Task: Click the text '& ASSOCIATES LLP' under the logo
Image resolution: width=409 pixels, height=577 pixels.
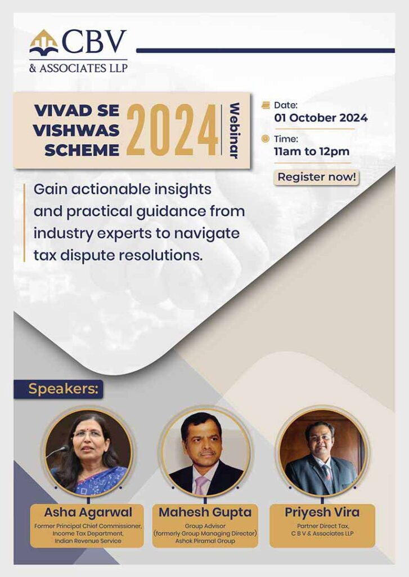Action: click(x=79, y=68)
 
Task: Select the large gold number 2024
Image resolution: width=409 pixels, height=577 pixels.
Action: click(x=172, y=130)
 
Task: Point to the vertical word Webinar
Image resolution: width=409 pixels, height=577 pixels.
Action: click(x=234, y=131)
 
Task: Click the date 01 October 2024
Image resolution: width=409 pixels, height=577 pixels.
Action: click(x=321, y=118)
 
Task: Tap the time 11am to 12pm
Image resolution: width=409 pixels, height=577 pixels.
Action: click(x=312, y=151)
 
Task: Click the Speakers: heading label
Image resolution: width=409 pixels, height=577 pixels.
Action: click(x=64, y=389)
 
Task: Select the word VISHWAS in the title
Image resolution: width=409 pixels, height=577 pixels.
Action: click(x=76, y=130)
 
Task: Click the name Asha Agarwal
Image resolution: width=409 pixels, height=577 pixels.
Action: click(x=88, y=512)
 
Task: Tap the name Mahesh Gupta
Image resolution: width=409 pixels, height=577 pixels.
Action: click(x=205, y=512)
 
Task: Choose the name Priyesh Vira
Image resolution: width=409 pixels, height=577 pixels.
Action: click(x=322, y=512)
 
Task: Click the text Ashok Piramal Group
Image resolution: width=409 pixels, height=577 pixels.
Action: click(x=205, y=540)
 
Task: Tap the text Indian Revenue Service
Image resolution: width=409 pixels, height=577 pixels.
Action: click(x=88, y=540)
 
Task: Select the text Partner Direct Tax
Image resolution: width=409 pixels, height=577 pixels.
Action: click(x=323, y=526)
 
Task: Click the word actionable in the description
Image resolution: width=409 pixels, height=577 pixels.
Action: click(x=110, y=189)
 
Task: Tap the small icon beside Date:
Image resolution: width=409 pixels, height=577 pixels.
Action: click(x=266, y=105)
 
